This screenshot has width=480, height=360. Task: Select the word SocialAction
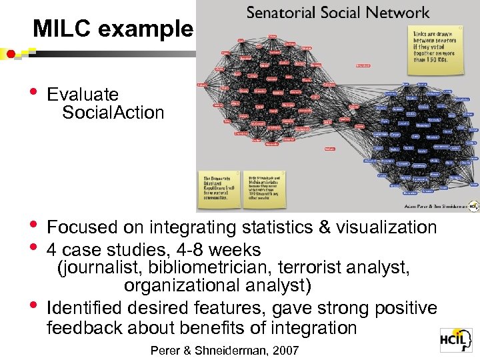(x=113, y=113)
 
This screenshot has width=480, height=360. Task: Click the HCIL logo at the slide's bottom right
(x=456, y=341)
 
